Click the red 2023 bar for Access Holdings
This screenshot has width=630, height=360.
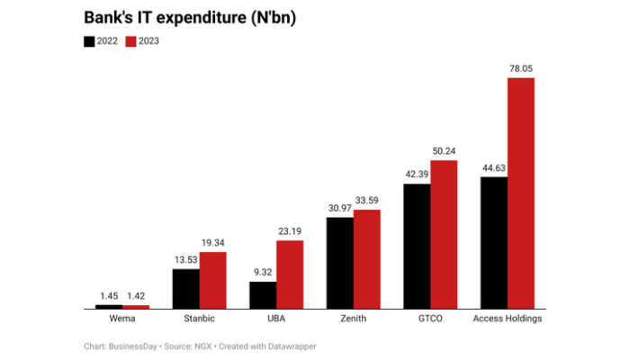[x=521, y=193]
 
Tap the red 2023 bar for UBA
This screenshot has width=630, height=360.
[x=290, y=274]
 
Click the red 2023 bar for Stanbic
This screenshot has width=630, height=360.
[x=213, y=280]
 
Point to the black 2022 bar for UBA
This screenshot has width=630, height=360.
[x=263, y=295]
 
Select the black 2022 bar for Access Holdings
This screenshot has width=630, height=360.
[x=493, y=243]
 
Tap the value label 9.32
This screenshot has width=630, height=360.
[x=262, y=272]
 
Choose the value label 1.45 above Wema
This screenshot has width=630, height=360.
[x=109, y=296]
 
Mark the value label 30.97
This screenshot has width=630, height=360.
[x=339, y=208]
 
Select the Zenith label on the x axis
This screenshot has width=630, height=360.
[x=353, y=319]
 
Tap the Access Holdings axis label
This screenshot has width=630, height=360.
[x=508, y=319]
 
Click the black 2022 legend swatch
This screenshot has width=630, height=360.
[x=90, y=41]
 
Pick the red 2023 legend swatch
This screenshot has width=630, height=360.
[x=130, y=41]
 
